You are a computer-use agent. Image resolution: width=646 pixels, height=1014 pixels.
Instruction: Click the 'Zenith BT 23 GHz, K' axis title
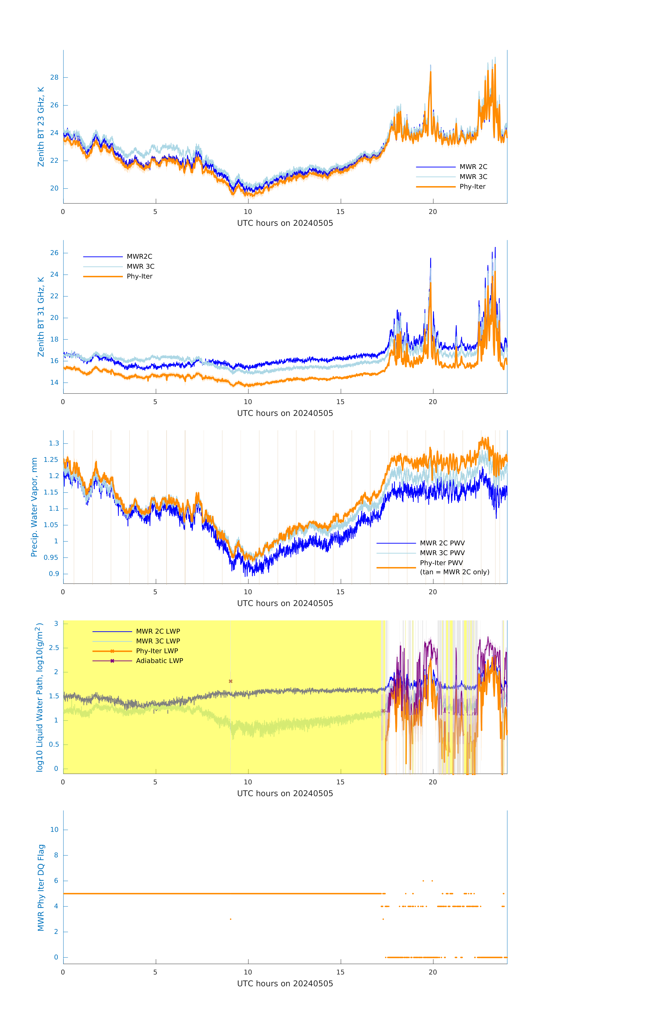click(x=41, y=127)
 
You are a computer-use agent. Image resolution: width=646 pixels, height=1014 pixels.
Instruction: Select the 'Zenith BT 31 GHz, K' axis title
click(x=41, y=317)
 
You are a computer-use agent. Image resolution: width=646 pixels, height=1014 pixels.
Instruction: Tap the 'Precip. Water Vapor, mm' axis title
click(x=34, y=507)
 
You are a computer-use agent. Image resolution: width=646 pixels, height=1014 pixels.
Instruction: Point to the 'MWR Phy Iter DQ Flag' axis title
click(x=41, y=888)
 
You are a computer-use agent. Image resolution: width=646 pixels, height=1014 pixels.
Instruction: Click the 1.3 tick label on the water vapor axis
click(x=54, y=443)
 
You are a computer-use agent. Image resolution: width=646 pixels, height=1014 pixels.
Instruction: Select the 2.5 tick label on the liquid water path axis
click(x=54, y=648)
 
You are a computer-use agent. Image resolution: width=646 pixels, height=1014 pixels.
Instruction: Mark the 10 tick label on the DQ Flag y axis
click(x=54, y=830)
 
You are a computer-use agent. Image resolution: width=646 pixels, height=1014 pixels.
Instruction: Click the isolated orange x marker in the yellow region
click(x=231, y=681)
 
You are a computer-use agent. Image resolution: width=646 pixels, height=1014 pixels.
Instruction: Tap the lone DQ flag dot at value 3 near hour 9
click(x=231, y=919)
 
